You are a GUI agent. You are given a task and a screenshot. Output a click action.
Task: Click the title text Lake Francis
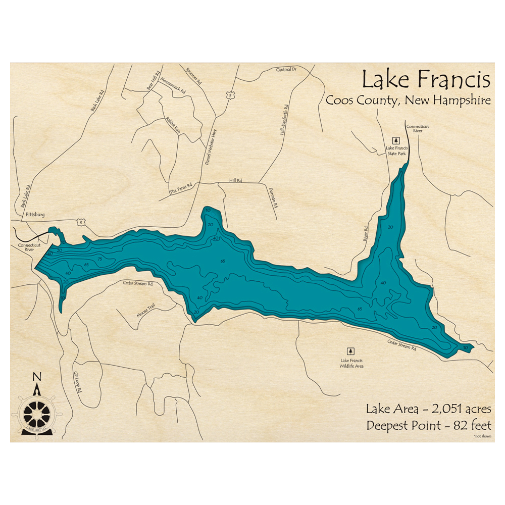(x=425, y=80)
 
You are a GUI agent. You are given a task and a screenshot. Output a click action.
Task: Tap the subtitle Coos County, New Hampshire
(x=408, y=100)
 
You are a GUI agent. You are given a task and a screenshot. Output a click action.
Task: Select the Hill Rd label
(x=235, y=180)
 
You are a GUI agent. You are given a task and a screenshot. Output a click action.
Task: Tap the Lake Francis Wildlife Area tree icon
(x=350, y=350)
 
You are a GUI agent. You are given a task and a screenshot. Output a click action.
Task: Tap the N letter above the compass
(x=36, y=377)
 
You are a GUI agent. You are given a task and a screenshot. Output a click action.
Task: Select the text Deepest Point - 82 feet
(x=429, y=425)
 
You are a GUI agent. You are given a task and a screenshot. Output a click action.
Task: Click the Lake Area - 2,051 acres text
(x=429, y=409)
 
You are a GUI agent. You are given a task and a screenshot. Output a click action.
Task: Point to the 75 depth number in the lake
(x=99, y=259)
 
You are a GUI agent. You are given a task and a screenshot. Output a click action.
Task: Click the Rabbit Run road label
(x=173, y=124)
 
